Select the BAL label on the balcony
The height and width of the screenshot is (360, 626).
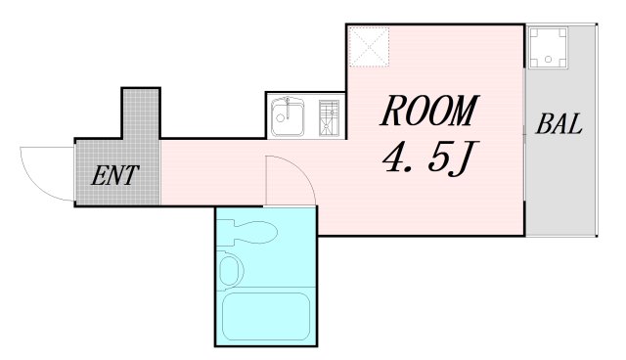click(x=559, y=125)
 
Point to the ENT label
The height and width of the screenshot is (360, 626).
click(x=115, y=178)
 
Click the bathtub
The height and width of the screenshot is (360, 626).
click(x=265, y=316)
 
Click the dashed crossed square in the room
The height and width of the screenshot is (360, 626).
click(x=370, y=45)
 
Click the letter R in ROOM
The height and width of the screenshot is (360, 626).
click(x=391, y=112)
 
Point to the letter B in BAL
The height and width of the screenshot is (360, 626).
click(x=543, y=125)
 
